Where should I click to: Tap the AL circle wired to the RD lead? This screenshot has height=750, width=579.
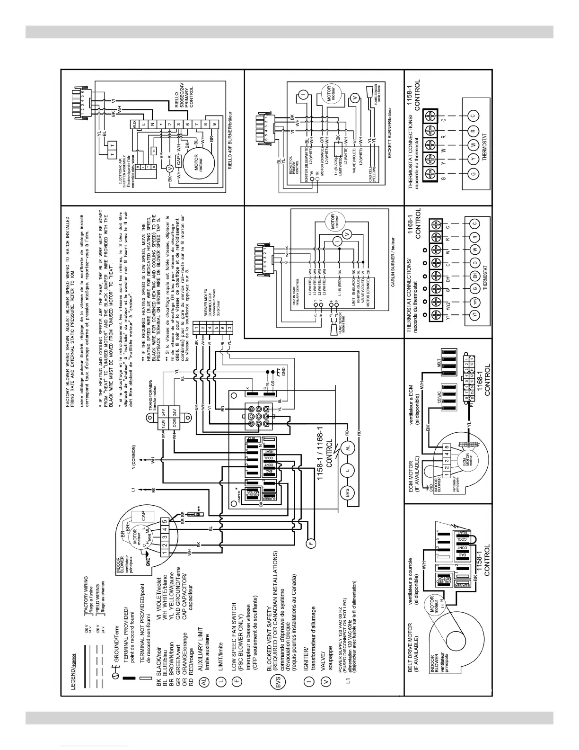pyautogui.click(x=348, y=447)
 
